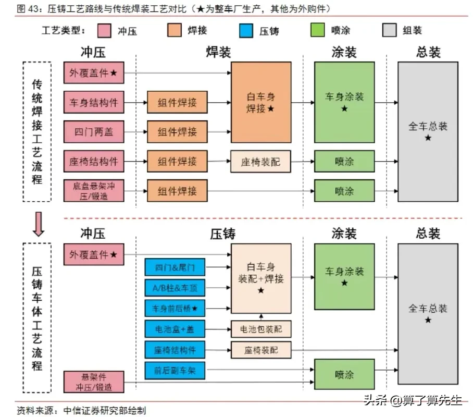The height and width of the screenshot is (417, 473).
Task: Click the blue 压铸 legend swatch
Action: (x=246, y=31)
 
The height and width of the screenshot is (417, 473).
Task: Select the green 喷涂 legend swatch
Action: (x=317, y=30)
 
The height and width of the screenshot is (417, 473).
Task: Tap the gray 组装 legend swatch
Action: (x=389, y=30)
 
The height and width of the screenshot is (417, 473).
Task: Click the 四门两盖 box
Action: (x=94, y=132)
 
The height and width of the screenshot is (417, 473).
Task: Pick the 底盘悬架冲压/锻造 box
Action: (x=94, y=191)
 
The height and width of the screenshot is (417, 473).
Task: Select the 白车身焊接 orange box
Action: (x=261, y=102)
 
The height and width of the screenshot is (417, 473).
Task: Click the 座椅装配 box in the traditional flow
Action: (x=260, y=162)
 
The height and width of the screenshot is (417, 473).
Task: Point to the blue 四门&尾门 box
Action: (x=175, y=267)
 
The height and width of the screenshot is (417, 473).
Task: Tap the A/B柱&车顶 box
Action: (x=175, y=288)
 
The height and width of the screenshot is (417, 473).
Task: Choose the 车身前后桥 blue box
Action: (x=175, y=308)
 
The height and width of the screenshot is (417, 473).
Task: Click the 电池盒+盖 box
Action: (x=175, y=329)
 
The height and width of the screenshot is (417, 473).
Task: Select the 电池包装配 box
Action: (x=261, y=329)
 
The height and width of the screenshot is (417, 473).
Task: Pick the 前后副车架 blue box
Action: (x=175, y=371)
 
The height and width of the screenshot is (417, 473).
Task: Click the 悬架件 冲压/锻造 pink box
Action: (x=94, y=382)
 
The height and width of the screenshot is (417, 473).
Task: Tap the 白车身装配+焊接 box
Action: (x=261, y=278)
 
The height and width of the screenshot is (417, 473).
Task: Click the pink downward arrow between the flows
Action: (x=39, y=224)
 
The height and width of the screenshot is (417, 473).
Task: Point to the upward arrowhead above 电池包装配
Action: (x=261, y=316)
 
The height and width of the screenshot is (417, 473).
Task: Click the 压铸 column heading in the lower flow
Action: (x=222, y=234)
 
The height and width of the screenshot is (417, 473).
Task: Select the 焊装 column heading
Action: (x=218, y=52)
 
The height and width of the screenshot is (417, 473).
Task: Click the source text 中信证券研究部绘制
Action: (x=105, y=410)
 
